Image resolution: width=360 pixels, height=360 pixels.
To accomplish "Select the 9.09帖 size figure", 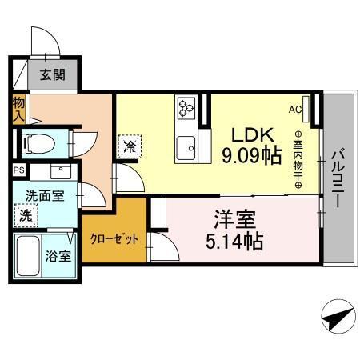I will coord(250,154).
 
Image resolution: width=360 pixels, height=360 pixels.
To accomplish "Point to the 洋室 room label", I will coord(234,217).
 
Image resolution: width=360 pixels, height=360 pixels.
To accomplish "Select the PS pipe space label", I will coord(18,170).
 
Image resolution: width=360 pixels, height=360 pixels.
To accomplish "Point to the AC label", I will coord(294,109).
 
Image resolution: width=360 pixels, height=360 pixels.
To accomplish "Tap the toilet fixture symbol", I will coord(39,143).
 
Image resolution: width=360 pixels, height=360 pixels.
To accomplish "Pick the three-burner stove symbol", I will coord(186,107).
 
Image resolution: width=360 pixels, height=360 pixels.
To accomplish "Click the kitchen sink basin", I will coord(187,146).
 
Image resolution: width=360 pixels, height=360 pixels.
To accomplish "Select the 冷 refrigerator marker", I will coord(128,146).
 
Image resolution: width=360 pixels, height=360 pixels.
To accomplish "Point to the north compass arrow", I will coord(338,318).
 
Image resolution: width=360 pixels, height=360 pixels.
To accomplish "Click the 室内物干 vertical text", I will coord(298,160).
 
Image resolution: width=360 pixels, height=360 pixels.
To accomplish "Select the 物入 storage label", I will coord(18,107).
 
